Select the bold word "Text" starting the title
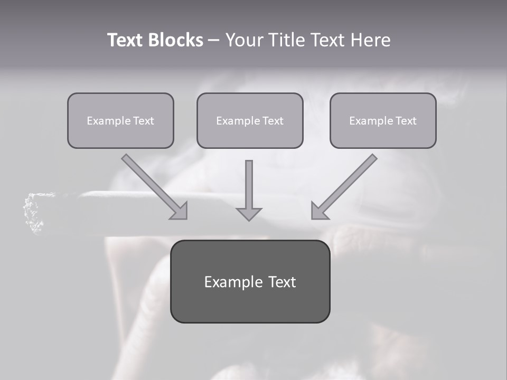tap(126, 40)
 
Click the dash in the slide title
tap(214, 41)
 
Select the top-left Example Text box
tap(120, 121)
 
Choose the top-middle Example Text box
tap(250, 121)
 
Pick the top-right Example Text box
tap(383, 121)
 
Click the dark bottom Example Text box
tap(250, 282)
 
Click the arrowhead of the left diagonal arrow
tap(180, 211)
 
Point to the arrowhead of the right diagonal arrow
tap(319, 211)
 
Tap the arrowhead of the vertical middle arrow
tap(249, 213)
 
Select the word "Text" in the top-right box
tap(406, 121)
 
